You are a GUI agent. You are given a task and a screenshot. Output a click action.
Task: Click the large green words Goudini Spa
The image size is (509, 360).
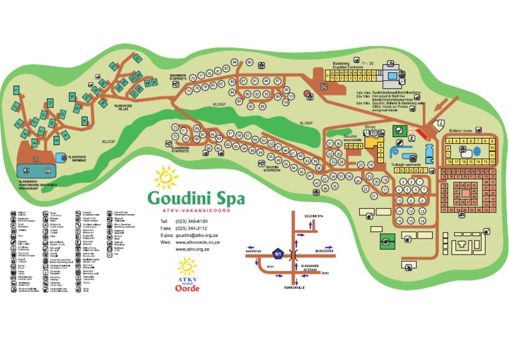196,198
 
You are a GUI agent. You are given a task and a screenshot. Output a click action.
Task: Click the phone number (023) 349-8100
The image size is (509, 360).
192,221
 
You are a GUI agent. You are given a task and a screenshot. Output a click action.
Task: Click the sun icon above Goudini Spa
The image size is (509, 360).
166,178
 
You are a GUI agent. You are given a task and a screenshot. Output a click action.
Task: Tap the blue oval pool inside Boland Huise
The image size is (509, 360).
473,153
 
